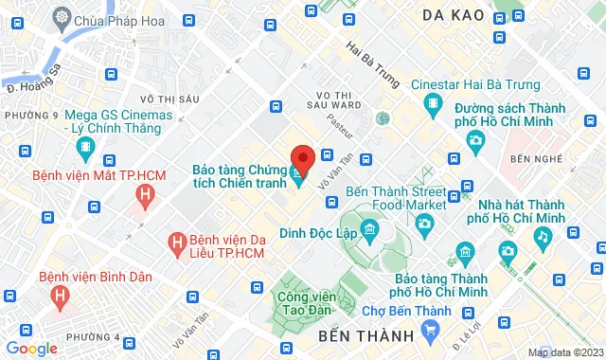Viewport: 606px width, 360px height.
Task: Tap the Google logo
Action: pyautogui.click(x=31, y=348)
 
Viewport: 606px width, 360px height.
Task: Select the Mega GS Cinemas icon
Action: pyautogui.click(x=85, y=147)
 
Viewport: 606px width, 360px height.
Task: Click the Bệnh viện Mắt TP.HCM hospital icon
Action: pyautogui.click(x=144, y=196)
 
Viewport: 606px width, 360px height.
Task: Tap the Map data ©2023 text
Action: pyautogui.click(x=564, y=352)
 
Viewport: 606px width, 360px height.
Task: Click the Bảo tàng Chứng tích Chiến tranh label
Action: pyautogui.click(x=238, y=175)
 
